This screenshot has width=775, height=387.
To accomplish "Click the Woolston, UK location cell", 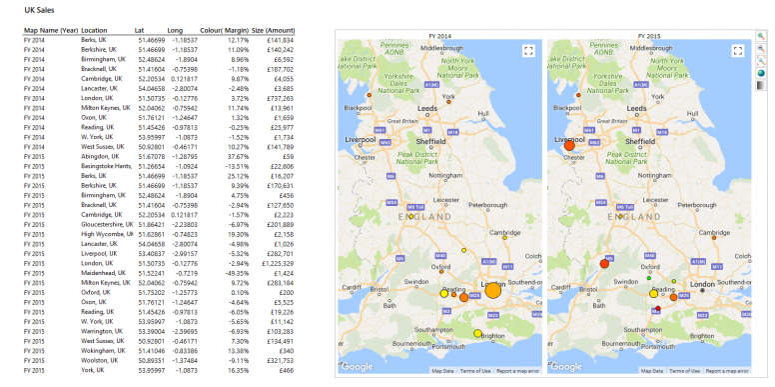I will point(101,360).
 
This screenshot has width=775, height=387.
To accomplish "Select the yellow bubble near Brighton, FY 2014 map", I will point(477,333).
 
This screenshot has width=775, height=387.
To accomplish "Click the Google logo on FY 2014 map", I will point(359,366).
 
